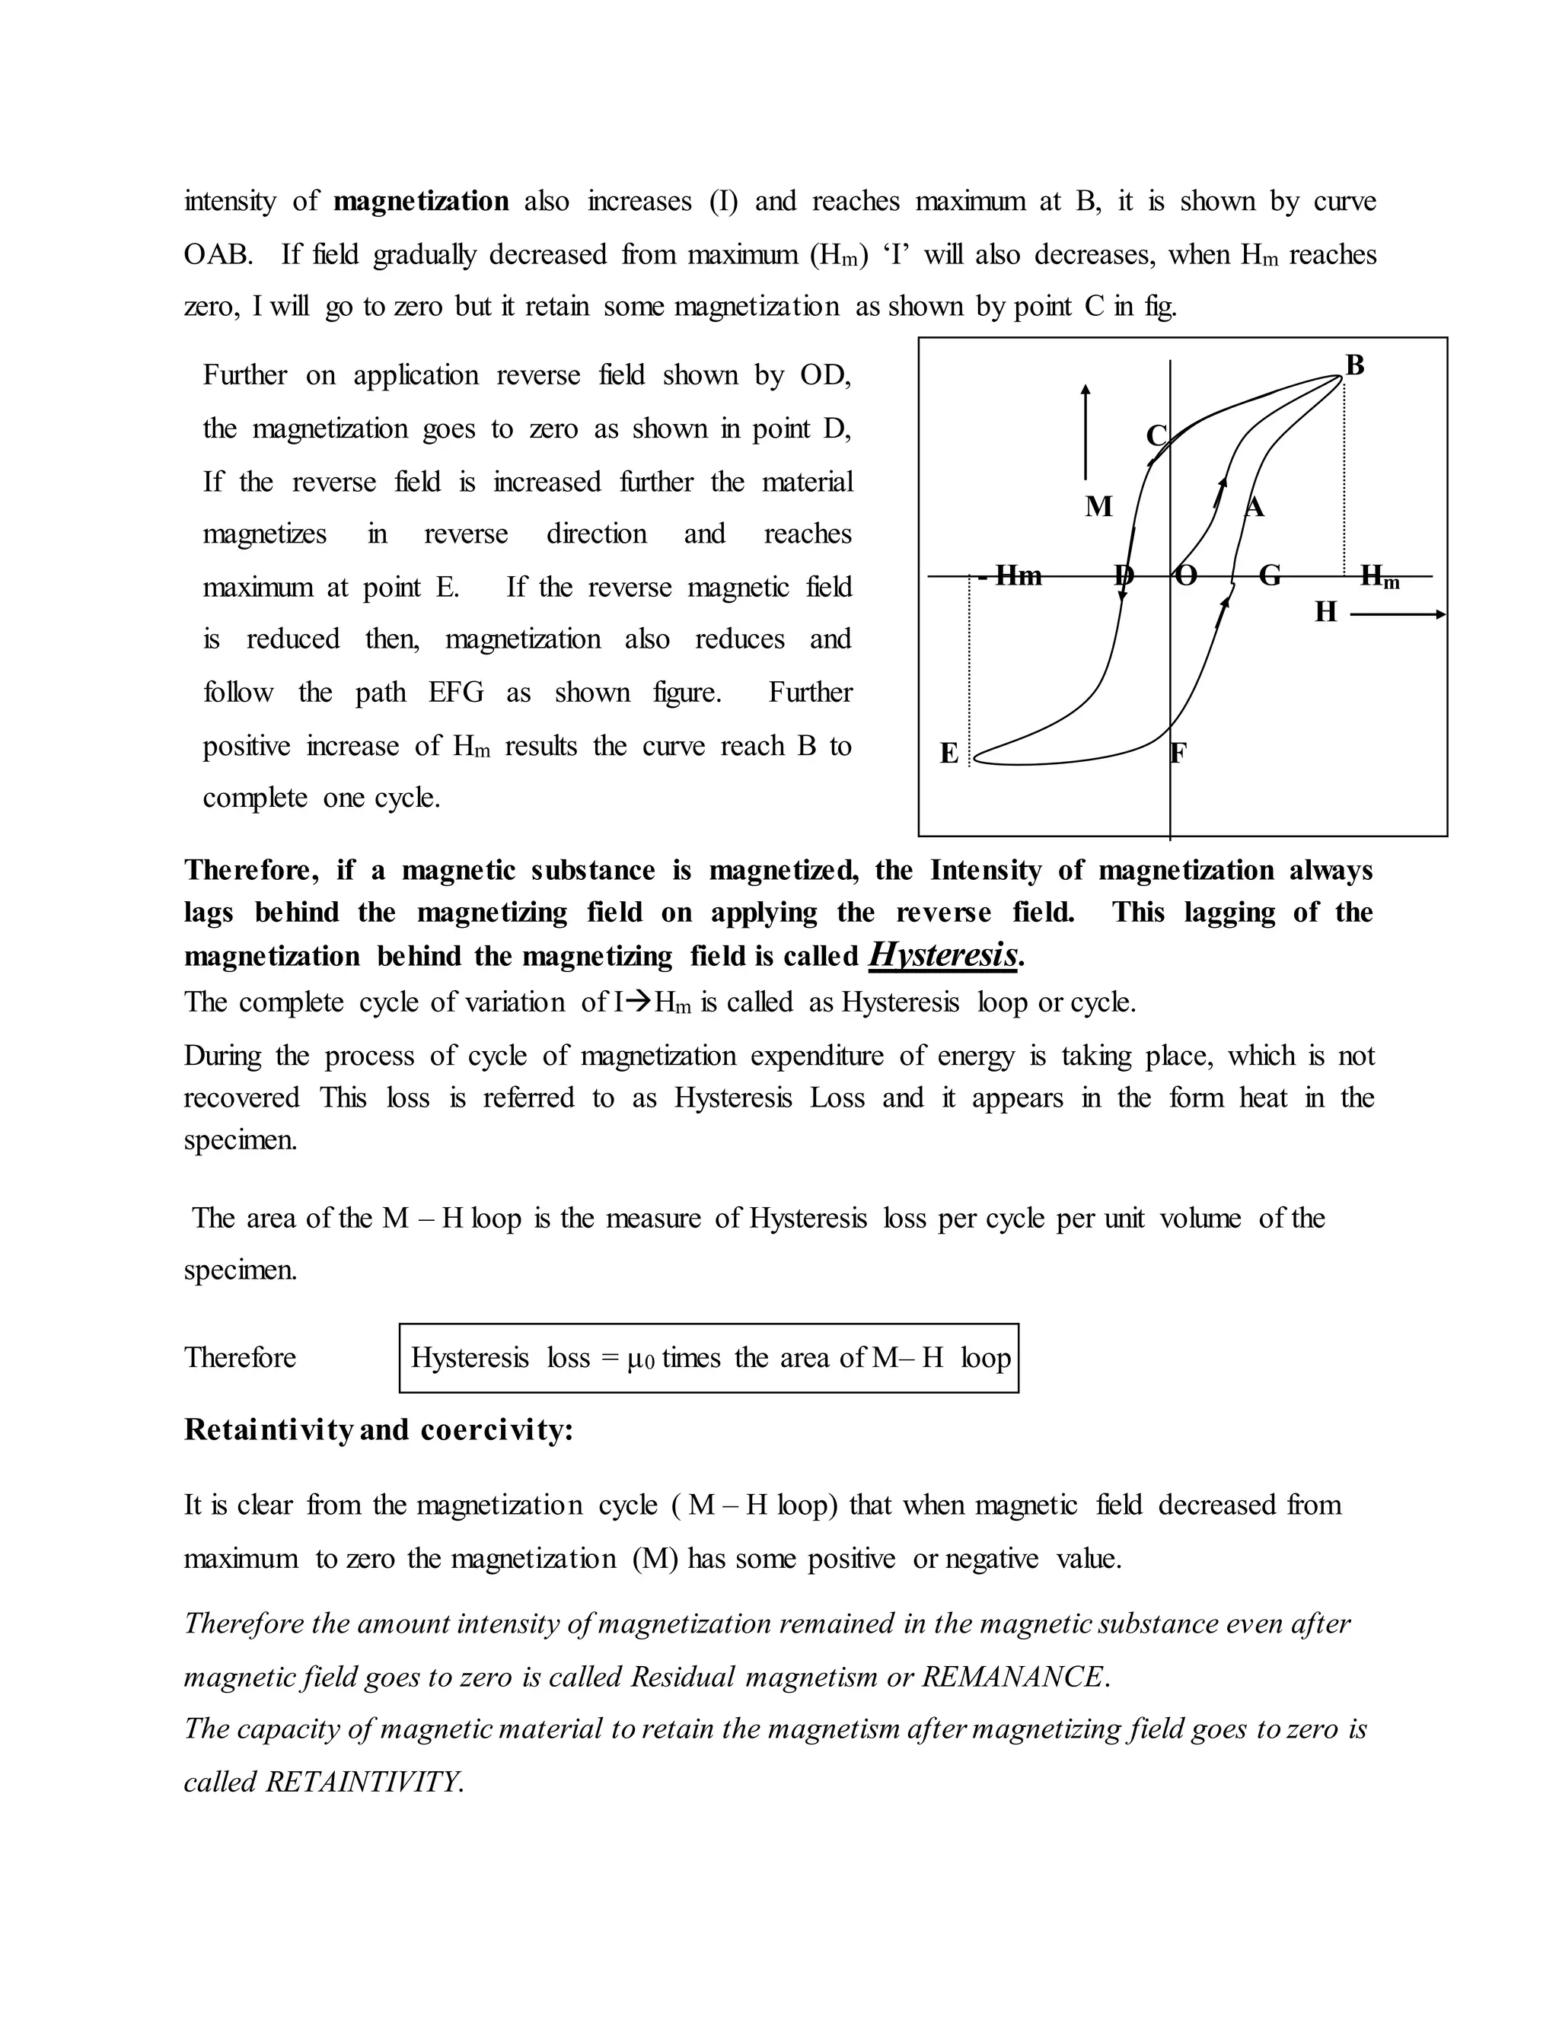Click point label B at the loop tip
[1354, 365]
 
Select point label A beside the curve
[1255, 507]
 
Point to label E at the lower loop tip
[948, 754]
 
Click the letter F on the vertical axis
[1178, 754]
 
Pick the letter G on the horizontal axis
[1270, 576]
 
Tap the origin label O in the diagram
[1186, 576]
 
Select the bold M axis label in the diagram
[1098, 506]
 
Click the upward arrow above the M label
[1086, 429]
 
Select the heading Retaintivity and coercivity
[378, 1429]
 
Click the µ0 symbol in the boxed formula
[640, 1359]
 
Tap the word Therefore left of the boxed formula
[240, 1358]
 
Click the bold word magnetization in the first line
[420, 202]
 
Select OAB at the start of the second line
[218, 255]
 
